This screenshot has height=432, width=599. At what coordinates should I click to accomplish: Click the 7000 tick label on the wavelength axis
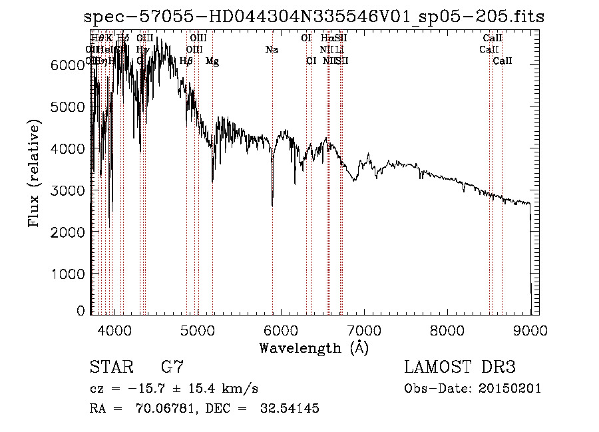coord(363,329)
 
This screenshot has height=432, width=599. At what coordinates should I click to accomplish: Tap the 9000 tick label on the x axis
coord(530,329)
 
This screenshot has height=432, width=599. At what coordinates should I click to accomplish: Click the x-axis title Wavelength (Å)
coord(313,347)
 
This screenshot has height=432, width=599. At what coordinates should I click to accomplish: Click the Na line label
coord(272,50)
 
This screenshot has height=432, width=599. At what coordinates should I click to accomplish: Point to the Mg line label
coord(212,62)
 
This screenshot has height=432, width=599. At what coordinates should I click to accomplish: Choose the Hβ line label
coord(186,61)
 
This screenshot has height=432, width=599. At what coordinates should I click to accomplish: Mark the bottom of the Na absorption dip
coord(272,205)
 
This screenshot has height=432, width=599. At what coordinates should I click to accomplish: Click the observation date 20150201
coord(510,389)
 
